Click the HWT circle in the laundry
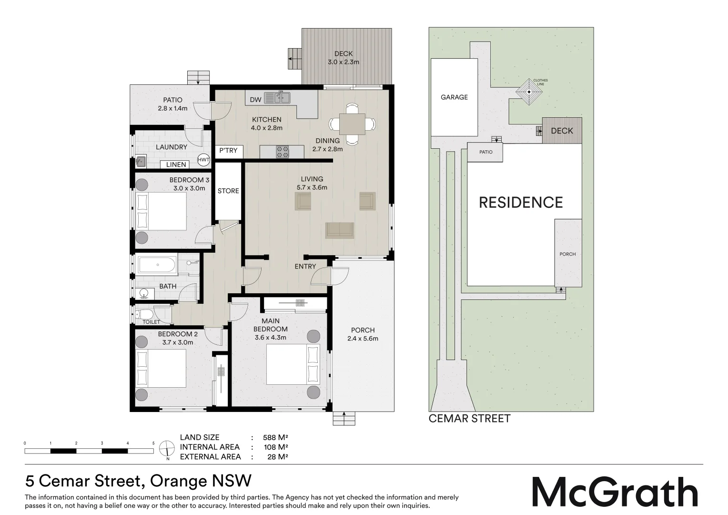click(x=203, y=160)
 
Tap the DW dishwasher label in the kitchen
click(x=255, y=100)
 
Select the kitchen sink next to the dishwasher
click(x=277, y=98)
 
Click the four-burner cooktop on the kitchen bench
click(x=283, y=152)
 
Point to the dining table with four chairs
click(x=352, y=124)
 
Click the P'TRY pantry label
click(x=228, y=151)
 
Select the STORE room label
click(x=228, y=191)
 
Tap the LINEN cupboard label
click(x=176, y=165)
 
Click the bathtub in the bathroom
click(x=157, y=266)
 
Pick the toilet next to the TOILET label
click(x=143, y=314)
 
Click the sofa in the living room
click(x=340, y=230)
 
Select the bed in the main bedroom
click(x=293, y=364)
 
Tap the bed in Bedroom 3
click(x=161, y=212)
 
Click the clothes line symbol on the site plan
click(x=529, y=91)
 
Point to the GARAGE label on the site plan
click(x=454, y=97)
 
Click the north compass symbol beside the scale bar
click(x=167, y=449)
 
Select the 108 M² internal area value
click(x=276, y=447)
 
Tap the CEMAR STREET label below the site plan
click(x=469, y=419)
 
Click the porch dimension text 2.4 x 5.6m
click(x=363, y=339)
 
